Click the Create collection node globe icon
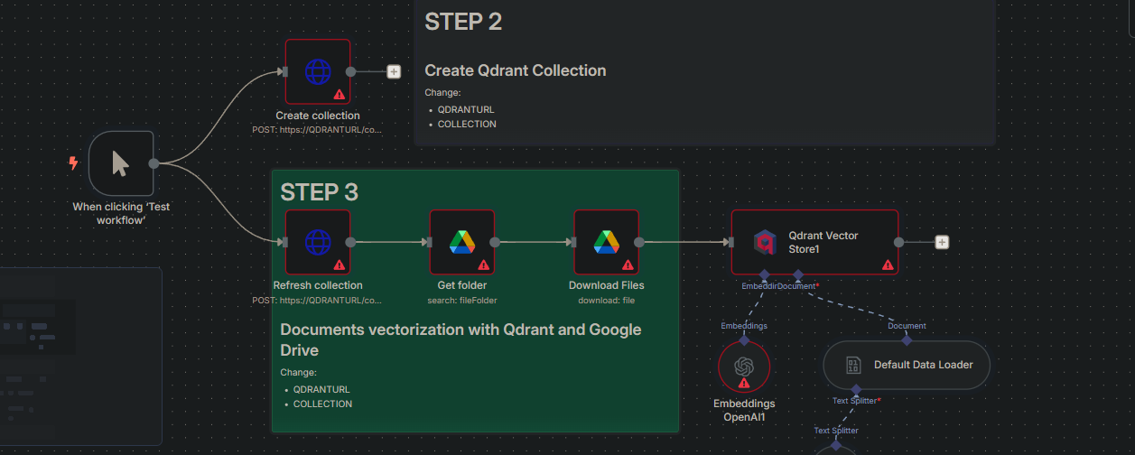tap(317, 71)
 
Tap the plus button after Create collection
tap(394, 71)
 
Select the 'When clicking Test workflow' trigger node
tap(121, 163)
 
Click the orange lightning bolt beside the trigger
tap(73, 163)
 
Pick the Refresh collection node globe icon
tap(317, 242)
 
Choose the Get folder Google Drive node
tap(461, 242)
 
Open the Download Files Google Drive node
tap(606, 242)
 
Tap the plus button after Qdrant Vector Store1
tap(942, 242)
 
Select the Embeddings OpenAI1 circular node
tap(744, 367)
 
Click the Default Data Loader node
tap(906, 366)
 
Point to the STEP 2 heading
tap(463, 22)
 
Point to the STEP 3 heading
tap(319, 192)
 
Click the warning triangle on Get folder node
tap(483, 265)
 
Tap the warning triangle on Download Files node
tap(628, 265)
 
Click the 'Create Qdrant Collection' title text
tap(516, 70)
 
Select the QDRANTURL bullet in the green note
tap(321, 389)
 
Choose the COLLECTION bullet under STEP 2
tap(467, 124)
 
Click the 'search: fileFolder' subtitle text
tap(461, 300)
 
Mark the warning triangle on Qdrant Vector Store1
tap(888, 265)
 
